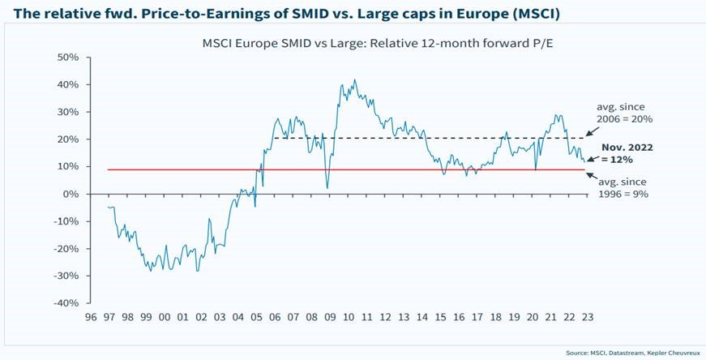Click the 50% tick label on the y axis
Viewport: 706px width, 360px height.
pos(66,58)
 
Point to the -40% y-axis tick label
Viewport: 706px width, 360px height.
pos(65,303)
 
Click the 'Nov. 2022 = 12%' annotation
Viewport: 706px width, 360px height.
pos(627,155)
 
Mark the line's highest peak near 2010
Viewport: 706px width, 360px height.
pos(354,80)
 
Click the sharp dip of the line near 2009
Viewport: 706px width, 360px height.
pos(327,187)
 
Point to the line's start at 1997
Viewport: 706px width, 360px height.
pos(108,207)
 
